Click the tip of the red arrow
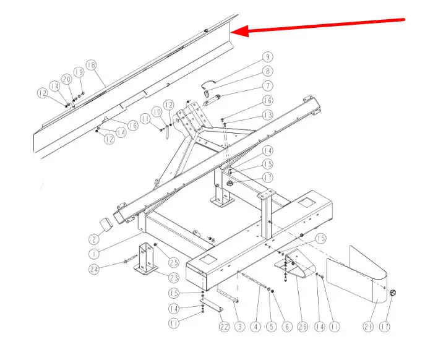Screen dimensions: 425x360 [231, 32]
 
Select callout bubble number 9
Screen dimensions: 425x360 [268, 57]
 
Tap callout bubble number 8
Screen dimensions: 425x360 [268, 71]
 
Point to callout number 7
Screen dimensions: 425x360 [268, 86]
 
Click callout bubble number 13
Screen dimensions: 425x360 [268, 115]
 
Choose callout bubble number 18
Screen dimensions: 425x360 [92, 65]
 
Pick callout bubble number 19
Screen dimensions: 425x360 [79, 72]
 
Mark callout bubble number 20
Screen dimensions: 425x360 [67, 79]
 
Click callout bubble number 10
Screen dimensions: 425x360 [157, 112]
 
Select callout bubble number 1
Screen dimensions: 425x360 [94, 254]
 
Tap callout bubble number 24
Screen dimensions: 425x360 [94, 269]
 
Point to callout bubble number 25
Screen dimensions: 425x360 [174, 262]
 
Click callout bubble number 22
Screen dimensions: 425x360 [224, 327]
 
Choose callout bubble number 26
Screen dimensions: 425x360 [303, 327]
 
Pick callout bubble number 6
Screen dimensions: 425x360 [287, 327]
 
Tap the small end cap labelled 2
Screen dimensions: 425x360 [106, 225]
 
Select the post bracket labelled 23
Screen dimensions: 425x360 [147, 259]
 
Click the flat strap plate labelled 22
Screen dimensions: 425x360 [212, 305]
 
